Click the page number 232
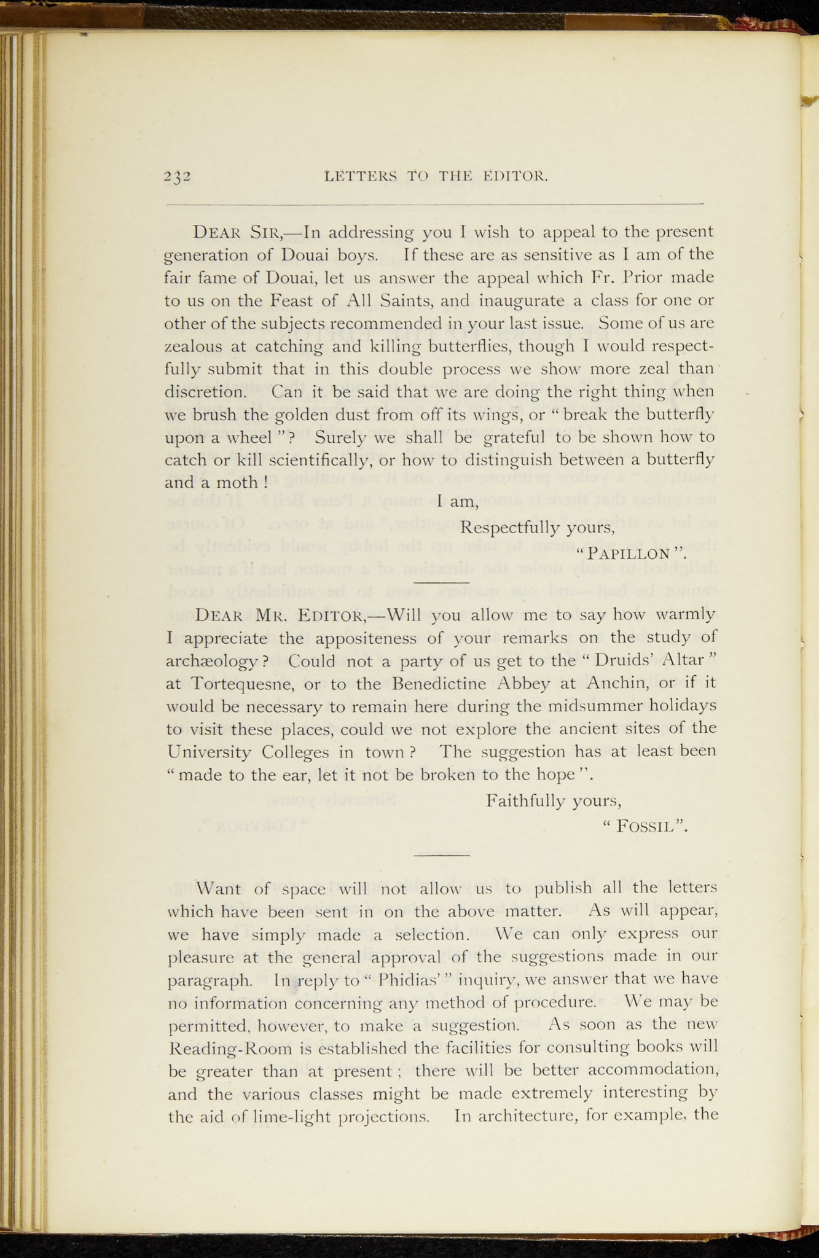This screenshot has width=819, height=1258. point(178,177)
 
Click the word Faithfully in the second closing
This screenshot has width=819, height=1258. point(523,801)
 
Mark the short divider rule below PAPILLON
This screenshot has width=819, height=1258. point(442,582)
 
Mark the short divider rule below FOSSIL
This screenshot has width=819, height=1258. point(442,854)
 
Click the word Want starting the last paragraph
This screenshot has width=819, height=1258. point(220,888)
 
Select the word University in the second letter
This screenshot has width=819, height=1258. point(209,752)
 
